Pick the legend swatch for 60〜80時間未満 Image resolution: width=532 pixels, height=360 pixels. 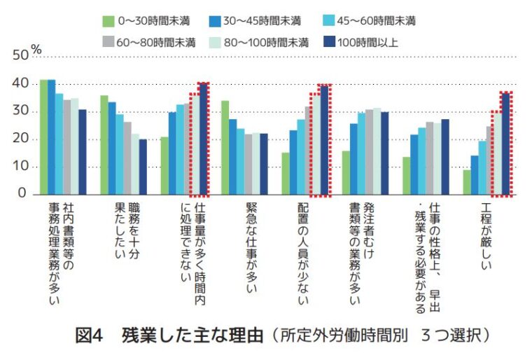point(108,42)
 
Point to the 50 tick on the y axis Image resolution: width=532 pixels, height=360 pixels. point(21,57)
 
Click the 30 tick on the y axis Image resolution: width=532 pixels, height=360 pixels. point(21,111)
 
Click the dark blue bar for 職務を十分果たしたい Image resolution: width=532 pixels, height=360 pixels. point(143,167)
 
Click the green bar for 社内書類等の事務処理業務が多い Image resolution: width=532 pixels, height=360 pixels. point(43,137)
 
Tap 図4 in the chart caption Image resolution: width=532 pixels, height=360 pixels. point(89,335)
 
